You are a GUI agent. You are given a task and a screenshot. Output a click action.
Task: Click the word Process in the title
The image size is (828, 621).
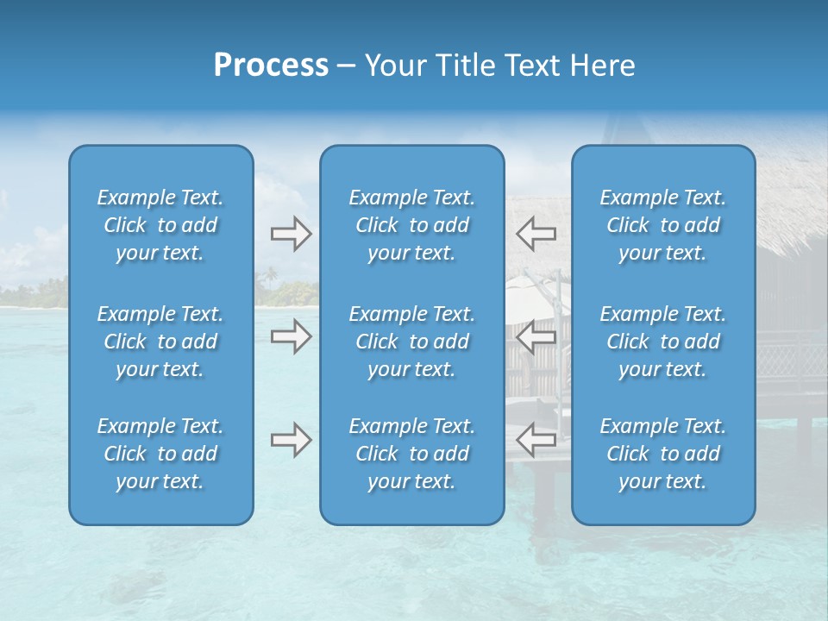pos(271,66)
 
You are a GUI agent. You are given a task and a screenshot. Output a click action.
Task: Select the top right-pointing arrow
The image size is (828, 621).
pos(291,234)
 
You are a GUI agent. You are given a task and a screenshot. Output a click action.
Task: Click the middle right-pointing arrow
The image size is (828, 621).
pos(291,336)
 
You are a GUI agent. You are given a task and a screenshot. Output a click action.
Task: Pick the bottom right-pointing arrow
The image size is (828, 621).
pos(291,440)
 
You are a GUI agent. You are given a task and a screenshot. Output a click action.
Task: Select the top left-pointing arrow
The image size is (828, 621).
pos(536,234)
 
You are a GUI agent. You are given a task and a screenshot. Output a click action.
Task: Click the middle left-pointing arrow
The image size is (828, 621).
pos(536,336)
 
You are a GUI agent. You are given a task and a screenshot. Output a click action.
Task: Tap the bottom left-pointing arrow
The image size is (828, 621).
pos(536,440)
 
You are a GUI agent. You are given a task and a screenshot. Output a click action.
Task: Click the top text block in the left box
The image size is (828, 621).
pos(160,225)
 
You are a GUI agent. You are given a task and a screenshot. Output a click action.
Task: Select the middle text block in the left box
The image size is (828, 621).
pos(160,342)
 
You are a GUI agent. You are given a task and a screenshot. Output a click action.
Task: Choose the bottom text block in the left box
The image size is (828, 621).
pos(160,454)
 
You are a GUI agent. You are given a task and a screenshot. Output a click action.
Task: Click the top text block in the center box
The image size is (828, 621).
pos(411,225)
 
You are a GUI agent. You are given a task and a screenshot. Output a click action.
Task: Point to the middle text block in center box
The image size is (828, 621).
pos(411,342)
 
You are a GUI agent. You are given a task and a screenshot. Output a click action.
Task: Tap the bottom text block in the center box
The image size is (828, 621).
pos(411,454)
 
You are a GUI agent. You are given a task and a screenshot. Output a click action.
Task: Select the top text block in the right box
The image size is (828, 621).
pos(662,225)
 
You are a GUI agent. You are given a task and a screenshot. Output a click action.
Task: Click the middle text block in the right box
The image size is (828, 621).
pos(662,342)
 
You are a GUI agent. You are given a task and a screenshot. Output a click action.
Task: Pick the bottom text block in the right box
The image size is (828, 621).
pos(662,454)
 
